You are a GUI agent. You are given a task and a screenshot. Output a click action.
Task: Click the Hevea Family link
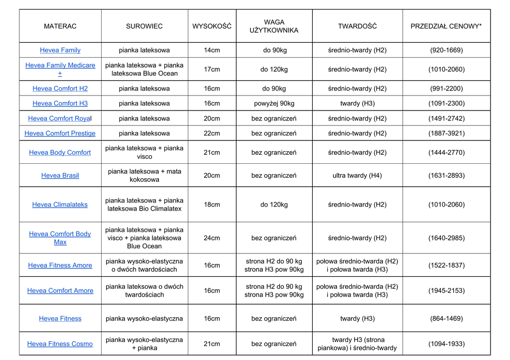coord(60,50)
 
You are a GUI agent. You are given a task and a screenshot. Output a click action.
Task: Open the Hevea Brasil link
coord(60,175)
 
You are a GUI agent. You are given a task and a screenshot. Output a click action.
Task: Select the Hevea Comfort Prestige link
coord(60,133)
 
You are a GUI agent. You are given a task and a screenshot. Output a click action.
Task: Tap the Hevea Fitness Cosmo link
coord(60,344)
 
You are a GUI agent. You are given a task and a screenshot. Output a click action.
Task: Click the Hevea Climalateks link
coord(60,205)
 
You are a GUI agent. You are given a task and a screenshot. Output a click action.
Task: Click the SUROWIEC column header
coord(144,26)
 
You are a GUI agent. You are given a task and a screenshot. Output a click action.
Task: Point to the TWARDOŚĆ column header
coord(357,26)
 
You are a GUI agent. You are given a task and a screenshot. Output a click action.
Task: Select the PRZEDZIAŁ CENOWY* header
coord(446,26)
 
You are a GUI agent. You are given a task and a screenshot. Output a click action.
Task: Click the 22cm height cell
coord(212,133)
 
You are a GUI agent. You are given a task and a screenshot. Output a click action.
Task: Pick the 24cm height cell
coord(212,238)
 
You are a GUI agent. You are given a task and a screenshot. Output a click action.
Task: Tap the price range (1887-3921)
coord(446,133)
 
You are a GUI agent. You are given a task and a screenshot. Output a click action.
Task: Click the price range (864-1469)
coord(446,319)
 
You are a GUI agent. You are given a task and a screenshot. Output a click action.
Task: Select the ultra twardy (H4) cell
coord(357,175)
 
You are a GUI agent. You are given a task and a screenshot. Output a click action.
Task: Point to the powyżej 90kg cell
coord(274,104)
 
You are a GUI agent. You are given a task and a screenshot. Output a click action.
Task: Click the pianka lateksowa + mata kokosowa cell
coord(144,175)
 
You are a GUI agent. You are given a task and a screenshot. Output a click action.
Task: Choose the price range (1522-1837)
coord(446,265)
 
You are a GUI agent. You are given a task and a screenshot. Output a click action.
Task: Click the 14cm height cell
coord(212,50)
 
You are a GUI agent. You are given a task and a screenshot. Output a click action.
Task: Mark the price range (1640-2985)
coord(446,238)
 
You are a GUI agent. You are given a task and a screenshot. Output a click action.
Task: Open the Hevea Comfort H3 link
coord(60,104)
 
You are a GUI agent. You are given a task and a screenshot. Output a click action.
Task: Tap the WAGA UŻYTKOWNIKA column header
coord(274,26)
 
